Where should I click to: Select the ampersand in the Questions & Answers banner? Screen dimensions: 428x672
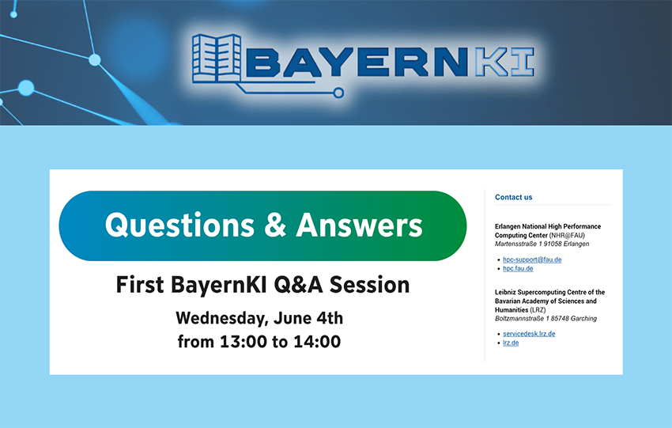coord(275,225)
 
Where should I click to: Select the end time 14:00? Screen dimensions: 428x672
coord(315,343)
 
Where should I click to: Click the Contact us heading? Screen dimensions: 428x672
coord(513,197)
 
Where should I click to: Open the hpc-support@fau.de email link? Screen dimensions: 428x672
coord(532,259)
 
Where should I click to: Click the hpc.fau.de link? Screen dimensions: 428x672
coord(518,268)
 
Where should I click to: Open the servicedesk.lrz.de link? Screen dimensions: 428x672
coord(529,334)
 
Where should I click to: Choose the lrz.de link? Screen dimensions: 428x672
coord(511,343)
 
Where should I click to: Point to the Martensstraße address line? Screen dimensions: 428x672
coord(542,244)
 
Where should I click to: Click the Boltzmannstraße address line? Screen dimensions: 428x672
coord(546,318)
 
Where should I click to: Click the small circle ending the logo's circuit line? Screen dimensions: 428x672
coord(338,93)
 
